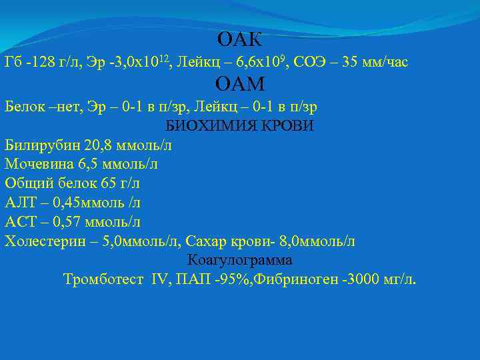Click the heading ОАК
(x=240, y=39)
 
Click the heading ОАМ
(x=240, y=83)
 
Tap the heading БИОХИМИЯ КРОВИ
(x=239, y=125)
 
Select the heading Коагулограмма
(x=240, y=259)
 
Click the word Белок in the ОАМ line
(x=24, y=107)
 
